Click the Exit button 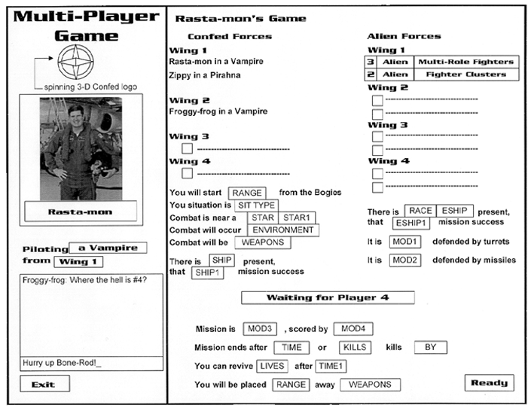44,385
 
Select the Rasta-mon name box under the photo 80,212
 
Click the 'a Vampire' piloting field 108,248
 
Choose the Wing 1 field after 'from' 78,262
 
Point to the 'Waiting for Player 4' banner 328,297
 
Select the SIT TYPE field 253,205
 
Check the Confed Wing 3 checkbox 187,149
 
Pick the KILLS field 355,347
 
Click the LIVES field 272,366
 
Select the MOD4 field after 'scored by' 354,329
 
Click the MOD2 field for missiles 404,260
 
